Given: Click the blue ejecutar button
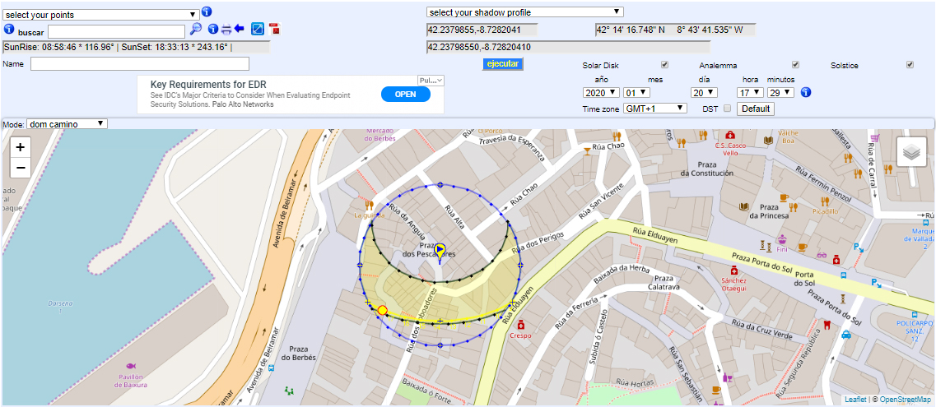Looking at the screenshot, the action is click(502, 64).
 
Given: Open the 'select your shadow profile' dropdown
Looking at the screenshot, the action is click(524, 12).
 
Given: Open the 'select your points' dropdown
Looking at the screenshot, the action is click(100, 15).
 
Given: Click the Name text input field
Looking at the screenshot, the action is click(140, 64).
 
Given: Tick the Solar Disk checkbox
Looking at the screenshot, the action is click(664, 65).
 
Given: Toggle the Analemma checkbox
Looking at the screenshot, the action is click(795, 65).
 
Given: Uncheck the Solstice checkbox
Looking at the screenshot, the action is click(910, 65).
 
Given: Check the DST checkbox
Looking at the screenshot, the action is click(727, 109).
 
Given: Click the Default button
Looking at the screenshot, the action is click(755, 109).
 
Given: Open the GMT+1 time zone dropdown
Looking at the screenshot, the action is click(654, 109).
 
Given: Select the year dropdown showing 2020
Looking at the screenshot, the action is click(601, 93).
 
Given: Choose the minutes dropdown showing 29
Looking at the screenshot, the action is click(780, 93).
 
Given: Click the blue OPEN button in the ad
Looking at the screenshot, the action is click(405, 94).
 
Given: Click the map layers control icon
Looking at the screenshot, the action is click(911, 152).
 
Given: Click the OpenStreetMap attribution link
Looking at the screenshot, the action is click(905, 400).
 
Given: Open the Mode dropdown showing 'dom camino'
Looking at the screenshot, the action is click(67, 124).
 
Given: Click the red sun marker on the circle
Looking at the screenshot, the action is click(382, 310).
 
